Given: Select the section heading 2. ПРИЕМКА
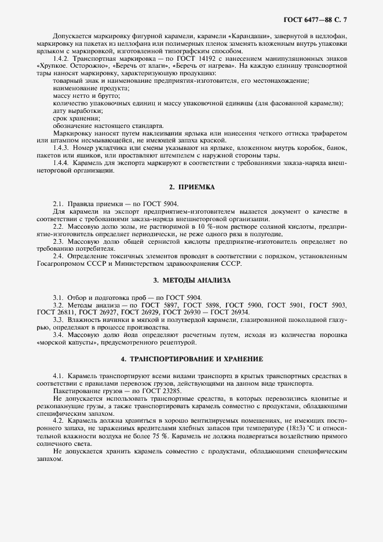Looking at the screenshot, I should (x=191, y=188).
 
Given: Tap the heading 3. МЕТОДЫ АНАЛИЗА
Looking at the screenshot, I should (x=191, y=280).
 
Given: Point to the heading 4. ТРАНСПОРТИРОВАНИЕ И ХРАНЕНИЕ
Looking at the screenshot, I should (x=191, y=358).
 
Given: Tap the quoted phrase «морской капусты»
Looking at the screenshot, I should (x=63, y=342).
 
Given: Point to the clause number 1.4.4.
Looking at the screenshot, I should (x=61, y=163).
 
